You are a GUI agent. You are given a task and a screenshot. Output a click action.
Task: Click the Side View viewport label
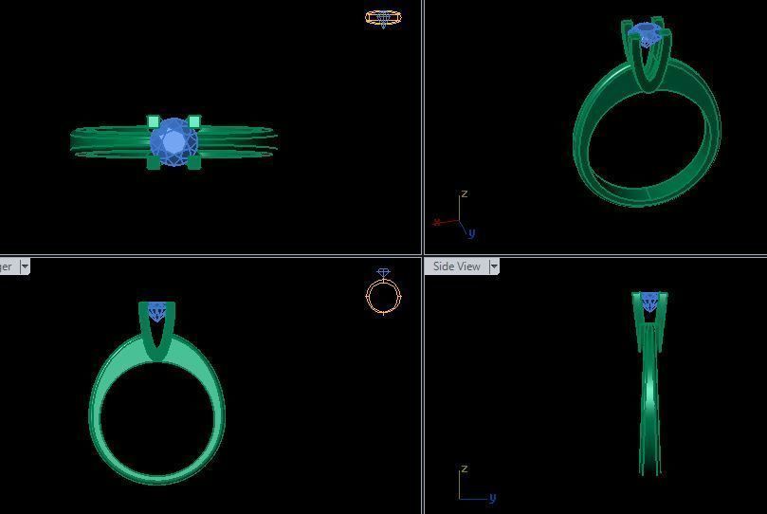(456, 266)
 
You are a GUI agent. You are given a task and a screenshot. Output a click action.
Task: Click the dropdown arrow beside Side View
(493, 266)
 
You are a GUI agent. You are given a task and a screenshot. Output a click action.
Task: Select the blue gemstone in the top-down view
(173, 142)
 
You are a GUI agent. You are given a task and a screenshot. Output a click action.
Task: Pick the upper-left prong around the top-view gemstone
(154, 122)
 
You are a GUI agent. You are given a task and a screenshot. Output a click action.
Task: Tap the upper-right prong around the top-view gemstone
(194, 121)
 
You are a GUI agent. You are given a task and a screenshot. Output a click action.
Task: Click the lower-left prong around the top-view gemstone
(154, 163)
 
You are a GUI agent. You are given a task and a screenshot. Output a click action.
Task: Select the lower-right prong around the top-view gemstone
(194, 163)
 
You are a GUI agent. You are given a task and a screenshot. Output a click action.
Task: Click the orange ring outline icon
(383, 297)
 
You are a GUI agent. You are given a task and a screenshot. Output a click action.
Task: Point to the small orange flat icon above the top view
(383, 17)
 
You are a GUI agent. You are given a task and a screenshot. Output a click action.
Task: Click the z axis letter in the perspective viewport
(464, 194)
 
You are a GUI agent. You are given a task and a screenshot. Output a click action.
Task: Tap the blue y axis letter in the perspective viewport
(471, 233)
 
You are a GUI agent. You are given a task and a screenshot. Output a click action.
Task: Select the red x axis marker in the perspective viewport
(436, 223)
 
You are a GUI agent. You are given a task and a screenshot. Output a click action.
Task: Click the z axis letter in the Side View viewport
(464, 469)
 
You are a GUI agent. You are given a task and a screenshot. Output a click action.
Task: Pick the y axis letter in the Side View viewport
(492, 497)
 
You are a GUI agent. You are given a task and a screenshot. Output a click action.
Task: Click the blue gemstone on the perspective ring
(648, 34)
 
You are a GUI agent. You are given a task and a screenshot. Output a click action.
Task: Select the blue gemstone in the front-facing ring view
(157, 311)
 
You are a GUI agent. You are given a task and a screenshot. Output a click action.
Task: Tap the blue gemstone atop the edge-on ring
(649, 302)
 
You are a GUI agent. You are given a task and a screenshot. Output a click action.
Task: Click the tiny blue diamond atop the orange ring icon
(383, 273)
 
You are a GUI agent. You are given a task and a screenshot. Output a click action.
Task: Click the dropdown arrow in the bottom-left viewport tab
(25, 266)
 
